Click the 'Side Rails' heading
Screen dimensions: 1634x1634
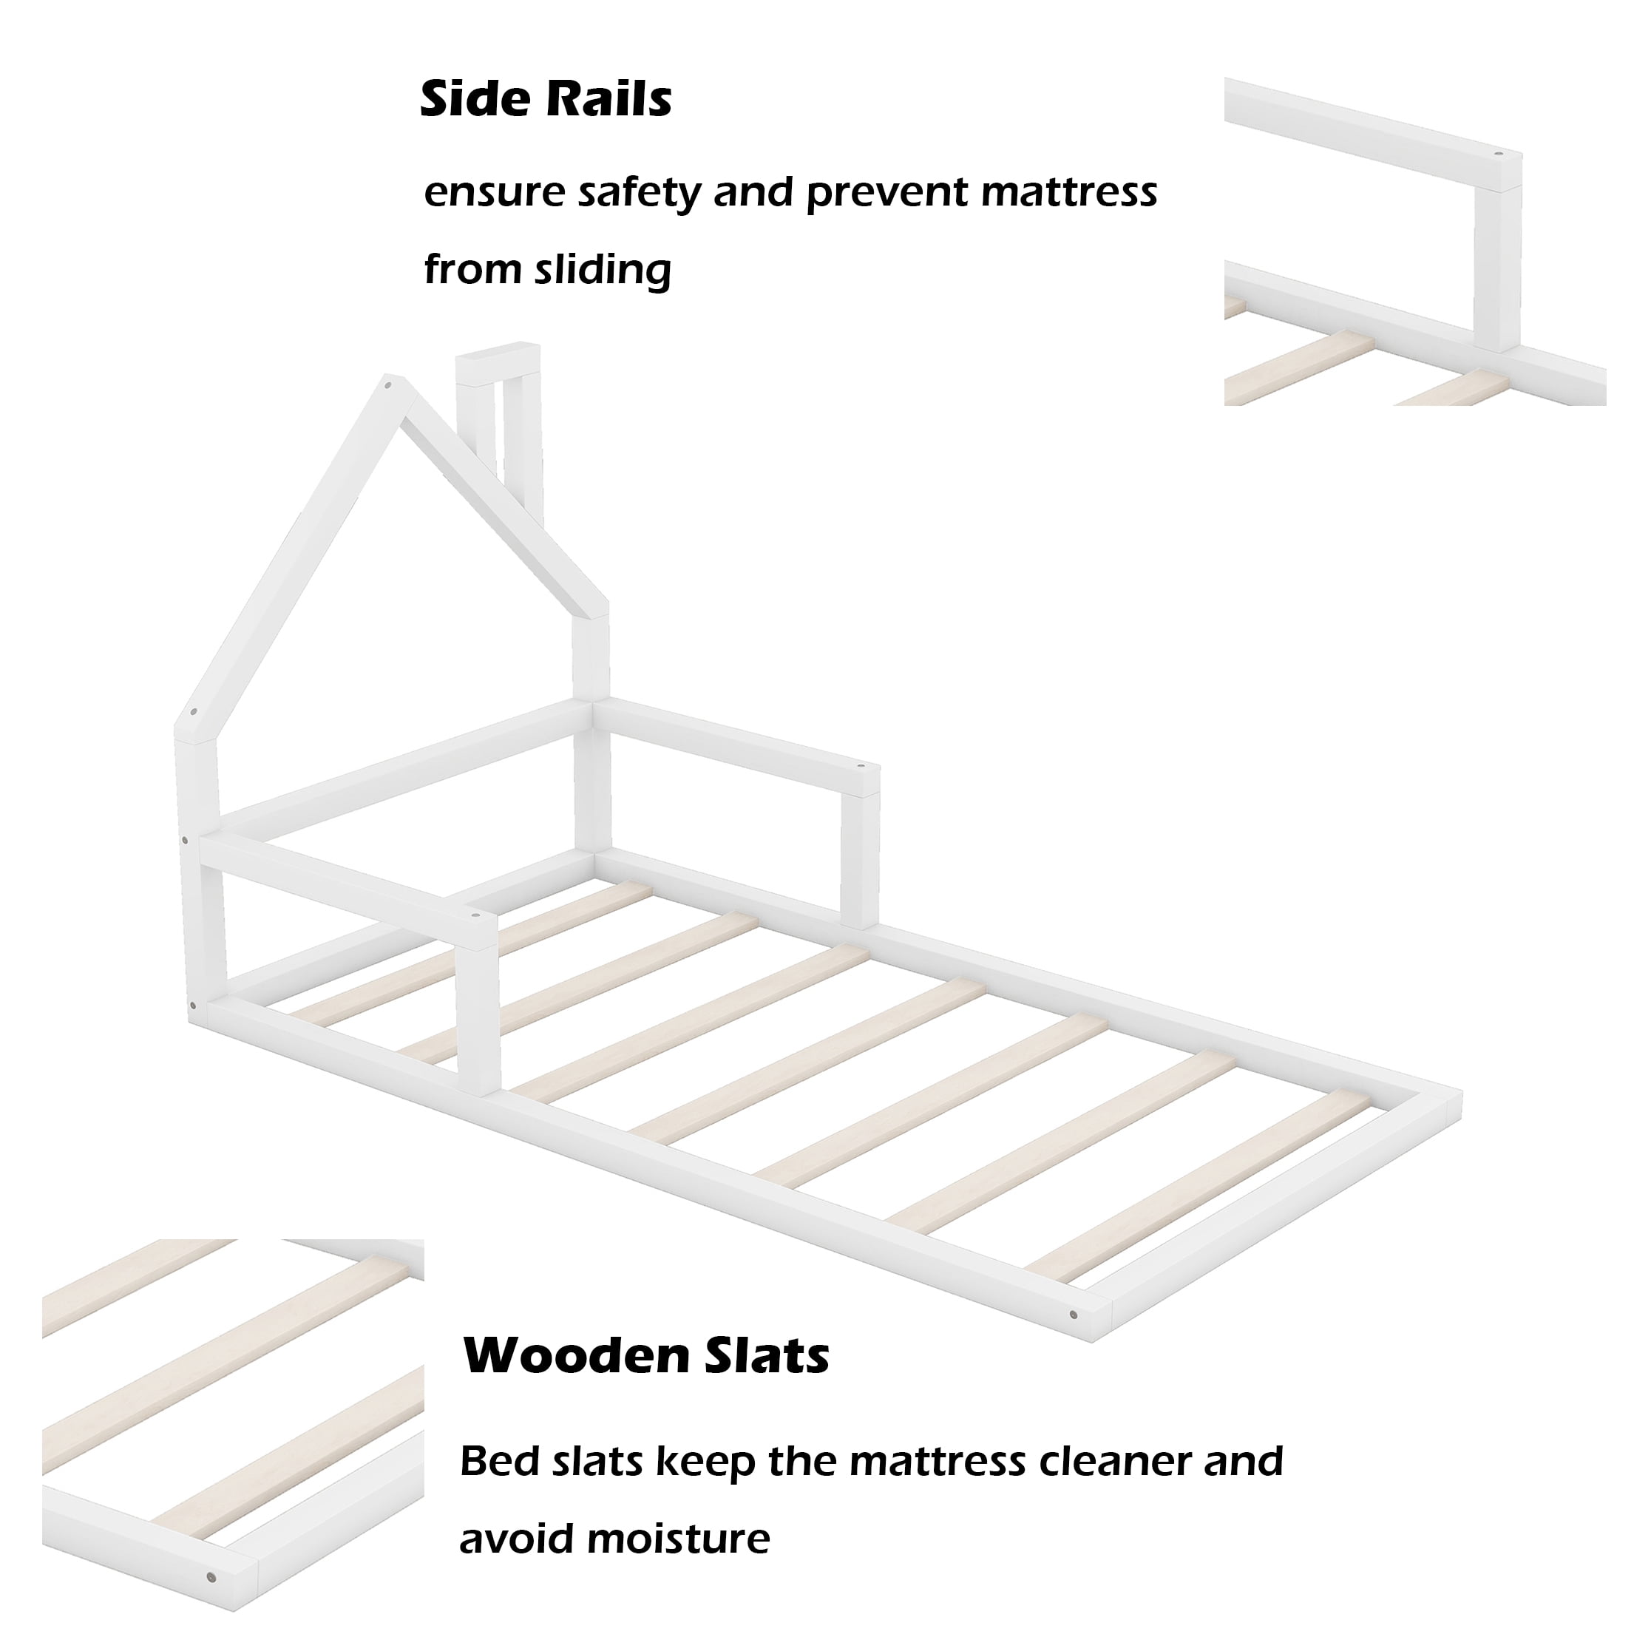click(546, 99)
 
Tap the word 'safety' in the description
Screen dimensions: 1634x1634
click(640, 193)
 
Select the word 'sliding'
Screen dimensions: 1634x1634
click(603, 271)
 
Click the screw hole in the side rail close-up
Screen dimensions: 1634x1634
click(1498, 157)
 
